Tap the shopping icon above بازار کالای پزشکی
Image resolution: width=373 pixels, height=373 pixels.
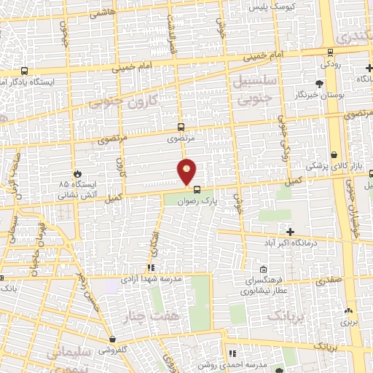(x=334, y=155)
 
